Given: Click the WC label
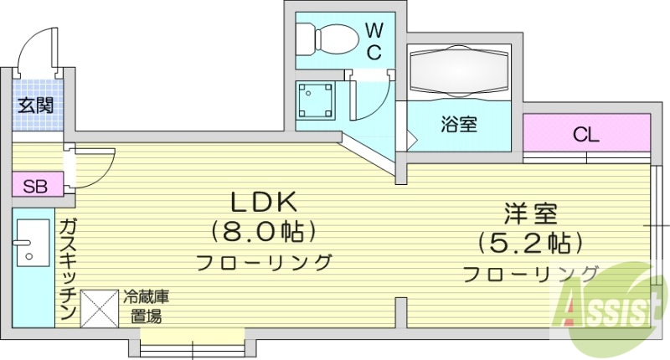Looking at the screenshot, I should tap(374, 41).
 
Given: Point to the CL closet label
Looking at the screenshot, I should tap(585, 133).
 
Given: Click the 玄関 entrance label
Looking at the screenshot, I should tap(36, 105).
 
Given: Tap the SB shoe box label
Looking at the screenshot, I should tap(35, 185).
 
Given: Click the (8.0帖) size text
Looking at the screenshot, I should tap(264, 229).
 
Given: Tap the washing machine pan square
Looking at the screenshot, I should tap(317, 102).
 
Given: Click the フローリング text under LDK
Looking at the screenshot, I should tap(264, 261).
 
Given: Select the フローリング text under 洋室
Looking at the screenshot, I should tap(529, 273).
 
